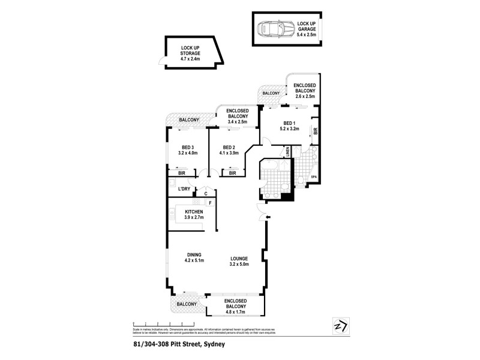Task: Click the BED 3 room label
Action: pyautogui.click(x=187, y=147)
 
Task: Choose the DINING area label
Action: pyautogui.click(x=194, y=254)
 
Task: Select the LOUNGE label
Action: pyautogui.click(x=239, y=259)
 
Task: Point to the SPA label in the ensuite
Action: pyautogui.click(x=313, y=178)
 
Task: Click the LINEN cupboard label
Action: pyautogui.click(x=288, y=152)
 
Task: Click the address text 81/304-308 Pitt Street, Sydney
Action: pyautogui.click(x=175, y=345)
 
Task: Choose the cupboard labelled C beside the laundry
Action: pyautogui.click(x=205, y=193)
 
